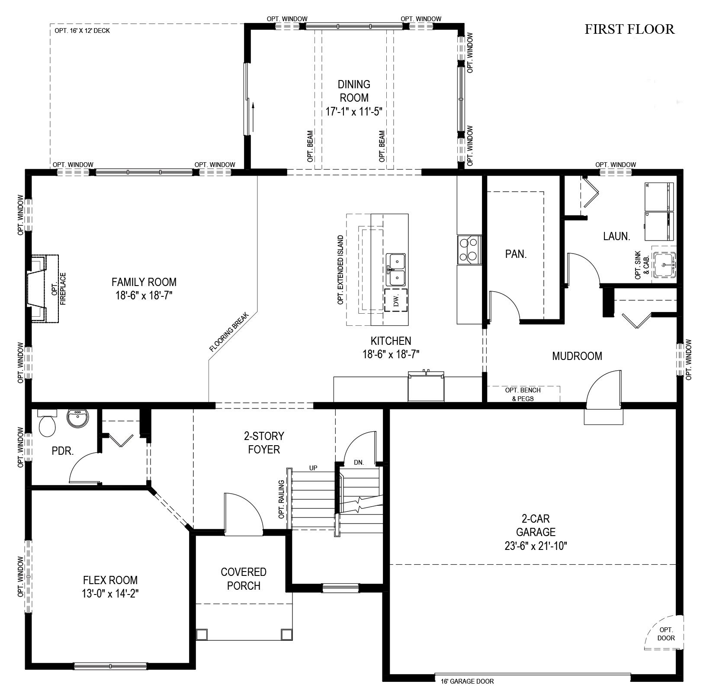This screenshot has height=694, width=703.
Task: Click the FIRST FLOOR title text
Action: point(629,29)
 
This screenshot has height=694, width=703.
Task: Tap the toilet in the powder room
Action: point(47,423)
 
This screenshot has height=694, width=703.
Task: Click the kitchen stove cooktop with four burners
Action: point(469,250)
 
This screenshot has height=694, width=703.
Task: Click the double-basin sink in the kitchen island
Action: point(397,270)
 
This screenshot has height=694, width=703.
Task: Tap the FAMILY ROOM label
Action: point(144,282)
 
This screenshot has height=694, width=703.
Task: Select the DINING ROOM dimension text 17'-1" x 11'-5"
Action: point(354,111)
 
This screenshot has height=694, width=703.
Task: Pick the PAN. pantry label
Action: point(516,254)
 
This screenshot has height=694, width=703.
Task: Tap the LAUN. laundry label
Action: point(616,236)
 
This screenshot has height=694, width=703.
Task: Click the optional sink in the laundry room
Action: point(664,264)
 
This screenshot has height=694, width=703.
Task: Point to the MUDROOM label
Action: point(577,356)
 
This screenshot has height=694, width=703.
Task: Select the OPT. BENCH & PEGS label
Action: point(523,394)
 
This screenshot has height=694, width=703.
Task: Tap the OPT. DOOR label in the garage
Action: point(666,633)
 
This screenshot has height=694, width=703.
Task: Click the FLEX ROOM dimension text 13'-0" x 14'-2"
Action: point(110,593)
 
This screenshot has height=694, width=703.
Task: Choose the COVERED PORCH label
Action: point(244,579)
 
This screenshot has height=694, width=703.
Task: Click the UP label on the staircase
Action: point(314,468)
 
